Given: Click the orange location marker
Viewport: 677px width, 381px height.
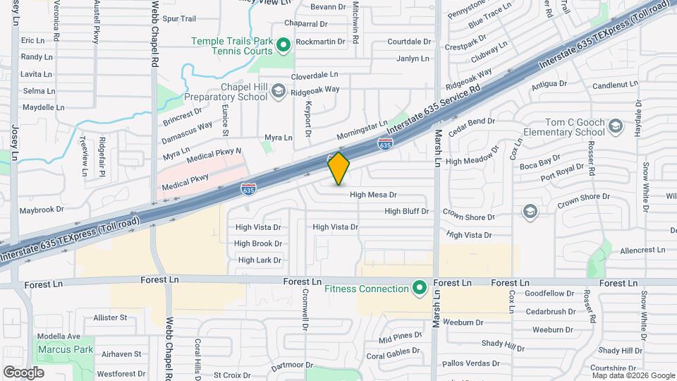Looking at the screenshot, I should tap(338, 168).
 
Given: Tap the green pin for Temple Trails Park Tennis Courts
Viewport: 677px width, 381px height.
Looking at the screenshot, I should tap(283, 47).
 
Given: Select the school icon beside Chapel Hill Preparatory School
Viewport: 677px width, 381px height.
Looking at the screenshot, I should tap(279, 91).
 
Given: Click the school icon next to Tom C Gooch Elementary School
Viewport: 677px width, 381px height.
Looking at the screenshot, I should tap(616, 127).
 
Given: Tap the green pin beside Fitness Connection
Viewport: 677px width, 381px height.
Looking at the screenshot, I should tap(420, 288).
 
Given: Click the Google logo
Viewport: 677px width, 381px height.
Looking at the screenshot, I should tap(23, 372).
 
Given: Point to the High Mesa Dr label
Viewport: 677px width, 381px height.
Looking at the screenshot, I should tap(373, 195).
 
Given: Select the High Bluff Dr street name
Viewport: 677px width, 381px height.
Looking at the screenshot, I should tap(406, 211).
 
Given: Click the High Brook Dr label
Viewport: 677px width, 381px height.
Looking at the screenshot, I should tap(258, 243).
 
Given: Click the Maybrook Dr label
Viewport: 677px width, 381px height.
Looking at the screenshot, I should tap(42, 210).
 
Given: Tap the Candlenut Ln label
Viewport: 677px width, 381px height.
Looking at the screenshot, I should tap(614, 85).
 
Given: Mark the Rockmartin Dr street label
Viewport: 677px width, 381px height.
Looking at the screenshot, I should tap(320, 42).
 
